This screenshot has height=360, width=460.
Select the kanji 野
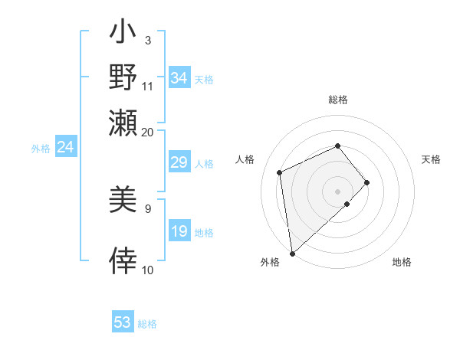(123, 78)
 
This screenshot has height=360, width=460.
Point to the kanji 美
(123, 201)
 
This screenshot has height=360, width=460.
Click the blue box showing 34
(179, 78)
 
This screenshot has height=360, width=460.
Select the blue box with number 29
(179, 162)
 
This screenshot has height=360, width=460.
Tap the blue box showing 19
(179, 231)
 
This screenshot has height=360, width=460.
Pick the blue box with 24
(66, 147)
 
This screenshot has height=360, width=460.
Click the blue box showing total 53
(123, 322)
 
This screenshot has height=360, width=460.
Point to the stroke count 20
(147, 132)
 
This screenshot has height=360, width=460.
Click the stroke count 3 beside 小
(147, 40)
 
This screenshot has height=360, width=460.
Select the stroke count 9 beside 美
(147, 208)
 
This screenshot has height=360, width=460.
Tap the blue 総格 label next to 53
(147, 324)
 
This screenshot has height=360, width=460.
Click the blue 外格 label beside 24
(41, 149)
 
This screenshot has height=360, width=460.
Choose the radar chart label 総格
(337, 100)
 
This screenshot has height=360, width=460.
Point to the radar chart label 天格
(431, 159)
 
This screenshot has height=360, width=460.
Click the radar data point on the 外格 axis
(292, 254)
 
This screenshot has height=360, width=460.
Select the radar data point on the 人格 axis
(280, 172)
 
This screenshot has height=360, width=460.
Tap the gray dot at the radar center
(337, 190)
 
